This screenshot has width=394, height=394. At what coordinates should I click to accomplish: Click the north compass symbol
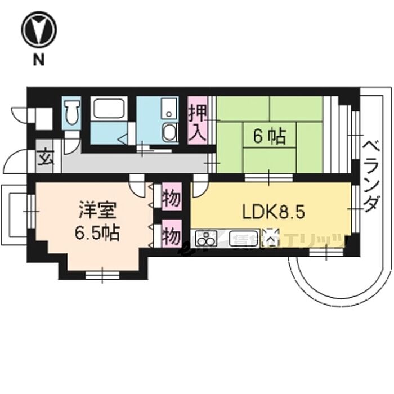point(38,32)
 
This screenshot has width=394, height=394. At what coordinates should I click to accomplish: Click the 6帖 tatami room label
point(269,136)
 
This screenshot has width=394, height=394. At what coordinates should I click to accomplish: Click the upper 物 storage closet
point(171,200)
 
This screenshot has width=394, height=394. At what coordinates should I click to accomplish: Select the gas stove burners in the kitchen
point(206,240)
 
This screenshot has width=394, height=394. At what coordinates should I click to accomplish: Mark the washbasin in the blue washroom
point(168,133)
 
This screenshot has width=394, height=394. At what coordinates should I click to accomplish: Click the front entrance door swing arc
point(15,162)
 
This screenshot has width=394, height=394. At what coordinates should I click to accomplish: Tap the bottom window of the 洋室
point(102,275)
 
